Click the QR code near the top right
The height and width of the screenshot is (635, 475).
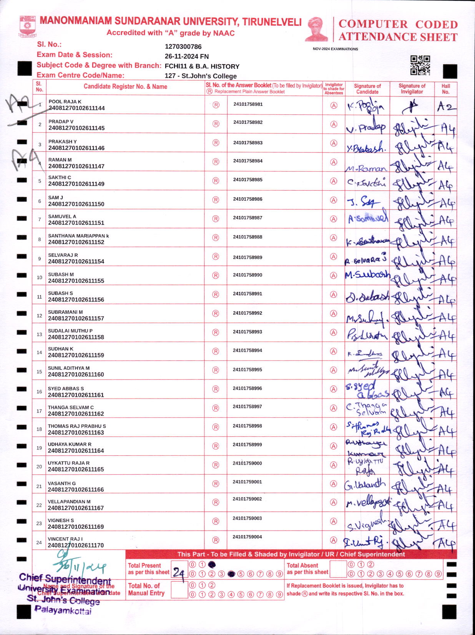[420, 65]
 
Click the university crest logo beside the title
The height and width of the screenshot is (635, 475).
[27, 26]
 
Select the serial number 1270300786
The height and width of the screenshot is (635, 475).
[183, 47]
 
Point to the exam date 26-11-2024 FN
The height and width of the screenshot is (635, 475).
[186, 57]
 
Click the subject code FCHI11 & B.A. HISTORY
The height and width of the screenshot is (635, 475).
[202, 66]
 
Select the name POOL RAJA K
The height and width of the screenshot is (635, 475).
[65, 101]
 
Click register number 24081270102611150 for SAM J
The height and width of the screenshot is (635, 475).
[76, 204]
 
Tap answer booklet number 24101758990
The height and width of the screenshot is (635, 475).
[247, 275]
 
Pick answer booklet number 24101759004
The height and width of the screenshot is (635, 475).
[247, 537]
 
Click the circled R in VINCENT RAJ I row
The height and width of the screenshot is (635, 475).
[216, 540]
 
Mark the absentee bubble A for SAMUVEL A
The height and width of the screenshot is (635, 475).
[334, 219]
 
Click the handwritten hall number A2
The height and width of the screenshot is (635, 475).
[445, 106]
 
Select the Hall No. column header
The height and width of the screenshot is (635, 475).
[445, 89]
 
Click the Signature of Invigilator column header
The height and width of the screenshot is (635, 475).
[412, 89]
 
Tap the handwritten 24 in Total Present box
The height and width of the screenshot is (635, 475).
[179, 573]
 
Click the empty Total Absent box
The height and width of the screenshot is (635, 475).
[338, 569]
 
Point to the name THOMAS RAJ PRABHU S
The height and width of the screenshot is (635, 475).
[77, 426]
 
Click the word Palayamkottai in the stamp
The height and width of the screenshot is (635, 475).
[63, 610]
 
